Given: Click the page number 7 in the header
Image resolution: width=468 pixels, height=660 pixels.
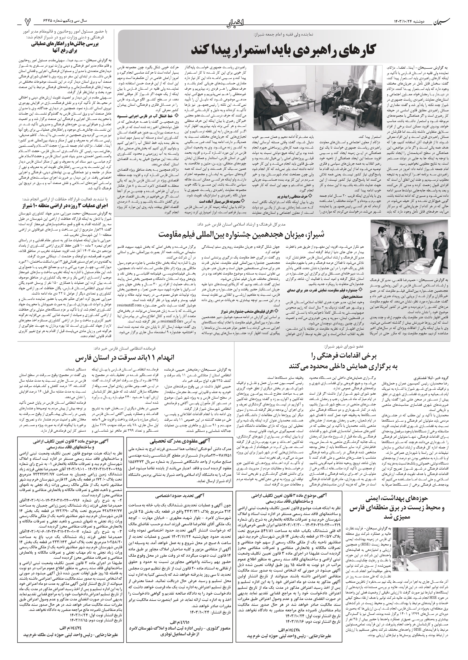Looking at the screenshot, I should point(27,21).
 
